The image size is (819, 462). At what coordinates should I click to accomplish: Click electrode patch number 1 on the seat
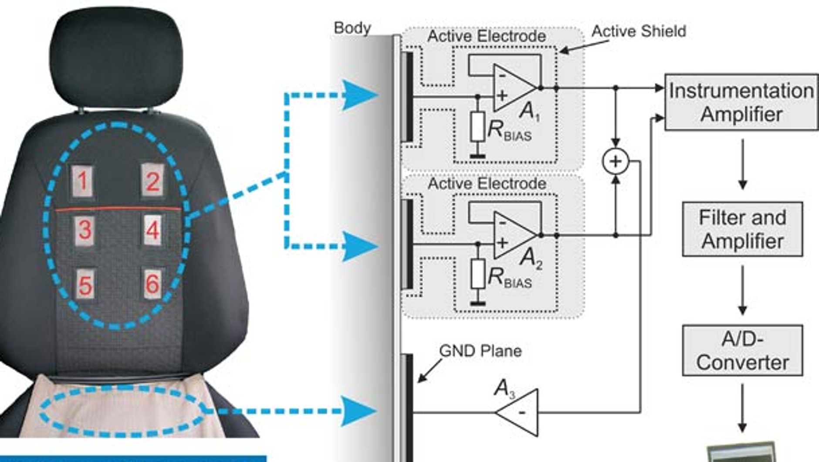(82, 181)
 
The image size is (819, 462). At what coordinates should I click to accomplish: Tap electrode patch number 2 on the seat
(152, 180)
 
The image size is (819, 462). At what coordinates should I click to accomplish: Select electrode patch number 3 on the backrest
(85, 230)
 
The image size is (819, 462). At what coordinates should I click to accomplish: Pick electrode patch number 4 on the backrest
(152, 230)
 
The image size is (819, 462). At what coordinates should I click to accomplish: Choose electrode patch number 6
(152, 284)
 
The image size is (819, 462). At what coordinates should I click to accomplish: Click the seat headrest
(115, 57)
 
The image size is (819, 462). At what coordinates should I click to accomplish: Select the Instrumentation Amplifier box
(741, 102)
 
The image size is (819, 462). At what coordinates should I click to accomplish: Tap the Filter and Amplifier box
(742, 229)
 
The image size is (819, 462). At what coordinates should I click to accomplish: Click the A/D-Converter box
(742, 350)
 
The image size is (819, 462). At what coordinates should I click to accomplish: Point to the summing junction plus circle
(616, 161)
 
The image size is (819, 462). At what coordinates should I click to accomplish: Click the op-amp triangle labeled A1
(514, 88)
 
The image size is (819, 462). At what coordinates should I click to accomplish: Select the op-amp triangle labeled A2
(514, 235)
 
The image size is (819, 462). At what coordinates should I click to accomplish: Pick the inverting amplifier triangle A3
(517, 412)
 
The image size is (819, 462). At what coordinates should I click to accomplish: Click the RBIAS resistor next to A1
(478, 126)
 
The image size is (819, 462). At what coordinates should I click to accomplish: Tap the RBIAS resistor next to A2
(478, 274)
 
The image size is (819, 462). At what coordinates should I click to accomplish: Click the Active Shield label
(639, 31)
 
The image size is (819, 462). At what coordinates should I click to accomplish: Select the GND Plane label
(480, 351)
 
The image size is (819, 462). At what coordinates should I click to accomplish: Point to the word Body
(352, 28)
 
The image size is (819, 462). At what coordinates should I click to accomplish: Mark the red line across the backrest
(118, 209)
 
